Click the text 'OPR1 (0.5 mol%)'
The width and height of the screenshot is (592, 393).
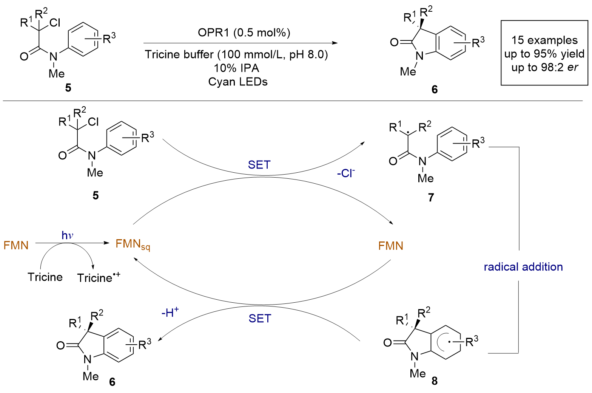tap(244, 32)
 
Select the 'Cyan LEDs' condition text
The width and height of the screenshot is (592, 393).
tap(238, 82)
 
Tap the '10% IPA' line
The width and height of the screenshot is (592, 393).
tap(237, 68)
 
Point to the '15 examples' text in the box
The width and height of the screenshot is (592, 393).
tap(544, 40)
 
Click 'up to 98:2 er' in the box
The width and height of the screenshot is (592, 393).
tap(544, 67)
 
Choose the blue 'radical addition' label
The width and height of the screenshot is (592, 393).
tap(523, 267)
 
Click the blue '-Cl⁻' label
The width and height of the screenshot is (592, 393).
tap(346, 173)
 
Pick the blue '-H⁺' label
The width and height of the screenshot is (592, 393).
tap(170, 313)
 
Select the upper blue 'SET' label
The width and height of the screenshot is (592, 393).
tap(259, 165)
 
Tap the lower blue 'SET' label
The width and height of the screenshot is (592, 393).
tap(260, 319)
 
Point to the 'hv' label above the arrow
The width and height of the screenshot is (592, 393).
tap(68, 235)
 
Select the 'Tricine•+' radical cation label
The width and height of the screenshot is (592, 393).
tap(99, 277)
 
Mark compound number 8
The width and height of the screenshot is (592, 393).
tap(435, 381)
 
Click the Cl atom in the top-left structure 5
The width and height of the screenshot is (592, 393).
tap(54, 23)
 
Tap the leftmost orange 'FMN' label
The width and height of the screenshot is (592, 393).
tap(16, 246)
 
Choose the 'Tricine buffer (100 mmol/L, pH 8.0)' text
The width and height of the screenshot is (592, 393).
tap(236, 55)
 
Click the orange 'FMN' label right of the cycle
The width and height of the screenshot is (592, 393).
tap(391, 246)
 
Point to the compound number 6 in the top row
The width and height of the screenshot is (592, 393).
tap(435, 90)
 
